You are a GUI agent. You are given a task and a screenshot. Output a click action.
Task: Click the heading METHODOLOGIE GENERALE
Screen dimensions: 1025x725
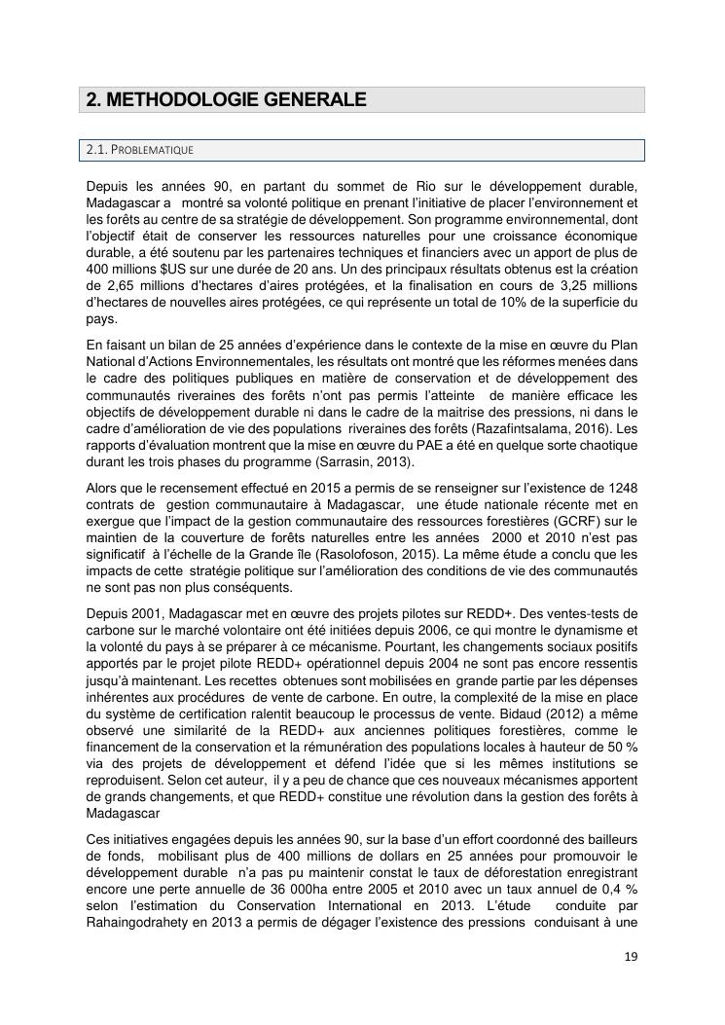226,99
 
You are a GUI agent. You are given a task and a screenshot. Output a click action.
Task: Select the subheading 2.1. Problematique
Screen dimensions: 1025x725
140,150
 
